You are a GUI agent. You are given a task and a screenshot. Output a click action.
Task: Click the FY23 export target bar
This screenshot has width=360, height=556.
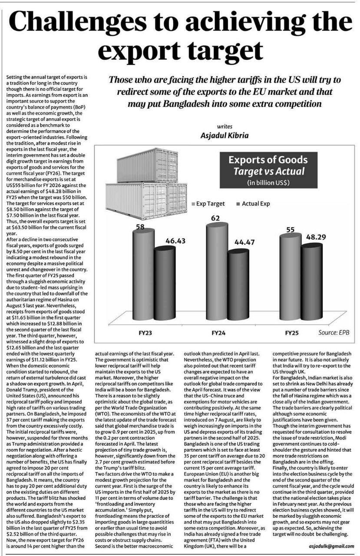pos(143,269)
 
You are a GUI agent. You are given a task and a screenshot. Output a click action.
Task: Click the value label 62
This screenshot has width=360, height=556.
pos(216,218)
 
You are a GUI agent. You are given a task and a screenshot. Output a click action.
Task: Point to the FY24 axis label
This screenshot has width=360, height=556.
pos(220,334)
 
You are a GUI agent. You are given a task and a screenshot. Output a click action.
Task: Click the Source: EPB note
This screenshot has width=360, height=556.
pos(334,333)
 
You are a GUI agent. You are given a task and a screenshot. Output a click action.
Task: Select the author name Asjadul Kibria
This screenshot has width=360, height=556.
pos(225,135)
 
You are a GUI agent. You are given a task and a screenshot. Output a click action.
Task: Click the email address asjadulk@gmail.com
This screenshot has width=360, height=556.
pos(331,546)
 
